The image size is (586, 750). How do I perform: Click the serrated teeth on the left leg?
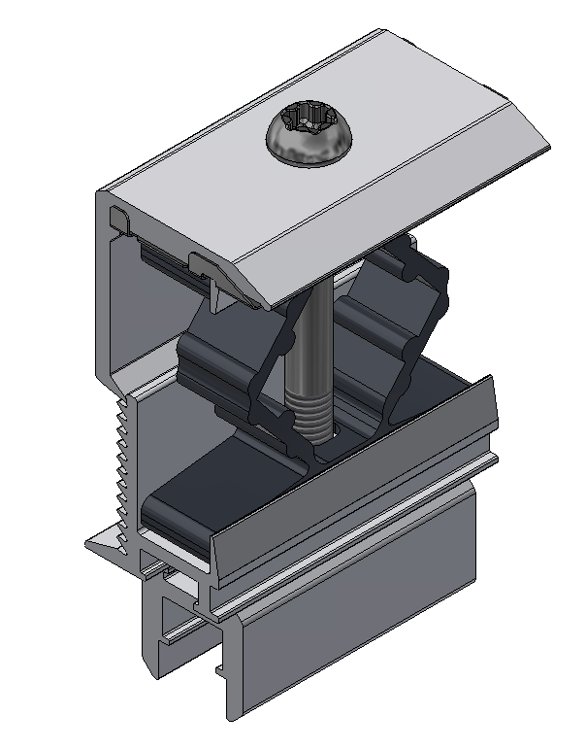pyautogui.click(x=120, y=457)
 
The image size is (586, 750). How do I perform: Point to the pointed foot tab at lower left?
pyautogui.click(x=102, y=544)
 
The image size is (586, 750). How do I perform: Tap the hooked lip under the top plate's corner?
pyautogui.click(x=120, y=220)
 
